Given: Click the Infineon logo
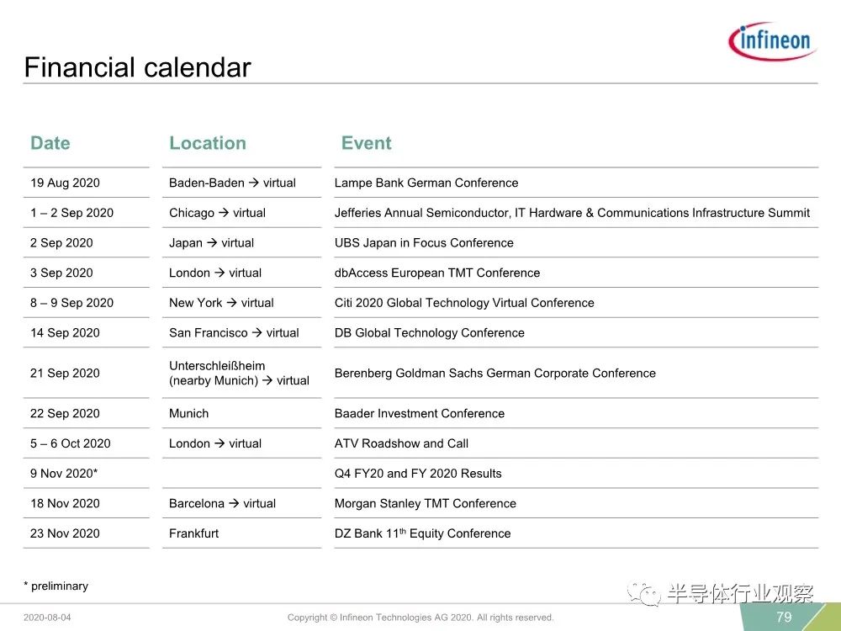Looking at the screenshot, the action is (772, 40).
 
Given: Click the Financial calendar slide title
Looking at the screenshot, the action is (137, 67).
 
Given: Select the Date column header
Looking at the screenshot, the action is (50, 143).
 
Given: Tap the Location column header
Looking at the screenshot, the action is (208, 143).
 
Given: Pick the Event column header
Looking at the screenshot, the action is (367, 143).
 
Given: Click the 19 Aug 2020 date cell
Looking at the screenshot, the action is (65, 183).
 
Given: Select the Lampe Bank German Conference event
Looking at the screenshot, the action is (426, 183).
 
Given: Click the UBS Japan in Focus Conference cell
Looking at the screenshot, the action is (424, 242).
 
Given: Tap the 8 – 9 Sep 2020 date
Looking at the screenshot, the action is (71, 303).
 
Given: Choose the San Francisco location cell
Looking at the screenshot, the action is (234, 332).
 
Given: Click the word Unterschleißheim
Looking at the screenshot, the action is (217, 365).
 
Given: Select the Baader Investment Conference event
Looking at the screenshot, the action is (420, 413).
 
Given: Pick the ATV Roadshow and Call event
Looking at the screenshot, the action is (401, 443).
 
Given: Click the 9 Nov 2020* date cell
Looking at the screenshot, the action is (64, 473).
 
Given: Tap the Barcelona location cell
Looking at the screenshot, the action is (222, 503).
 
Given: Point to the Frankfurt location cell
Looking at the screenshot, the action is (193, 533).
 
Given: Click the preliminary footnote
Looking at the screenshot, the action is (56, 586).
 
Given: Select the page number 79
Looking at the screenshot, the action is (784, 617).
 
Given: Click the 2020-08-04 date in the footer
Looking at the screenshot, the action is (47, 618).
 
